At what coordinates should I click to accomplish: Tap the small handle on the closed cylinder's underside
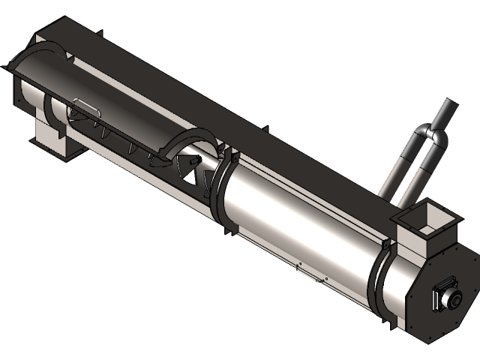tap(308, 272)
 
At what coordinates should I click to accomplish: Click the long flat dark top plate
tap(225, 97)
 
